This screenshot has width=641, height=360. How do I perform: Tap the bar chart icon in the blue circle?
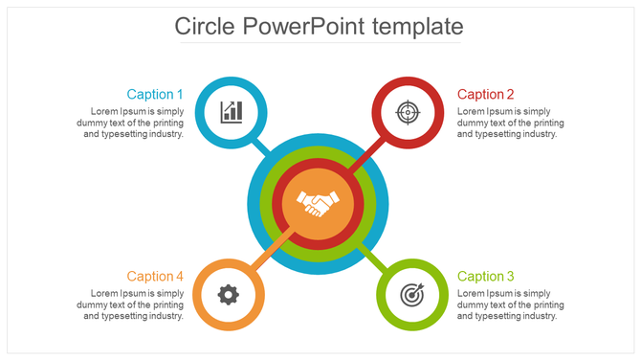[232, 112]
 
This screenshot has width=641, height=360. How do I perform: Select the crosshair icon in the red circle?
[408, 112]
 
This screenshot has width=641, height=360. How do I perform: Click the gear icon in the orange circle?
[228, 294]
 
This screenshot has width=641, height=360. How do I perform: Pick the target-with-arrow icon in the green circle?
[411, 294]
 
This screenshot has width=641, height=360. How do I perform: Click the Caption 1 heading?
[155, 94]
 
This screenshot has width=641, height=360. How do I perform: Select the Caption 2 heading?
[486, 94]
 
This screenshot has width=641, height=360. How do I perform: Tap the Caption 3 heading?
[486, 276]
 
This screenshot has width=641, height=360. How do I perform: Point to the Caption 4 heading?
[155, 276]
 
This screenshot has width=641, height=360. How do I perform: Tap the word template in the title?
[419, 26]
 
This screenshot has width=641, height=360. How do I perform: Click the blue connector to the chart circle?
[258, 146]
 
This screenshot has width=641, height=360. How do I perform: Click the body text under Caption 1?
[133, 123]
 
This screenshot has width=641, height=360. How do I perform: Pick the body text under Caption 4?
[133, 304]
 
